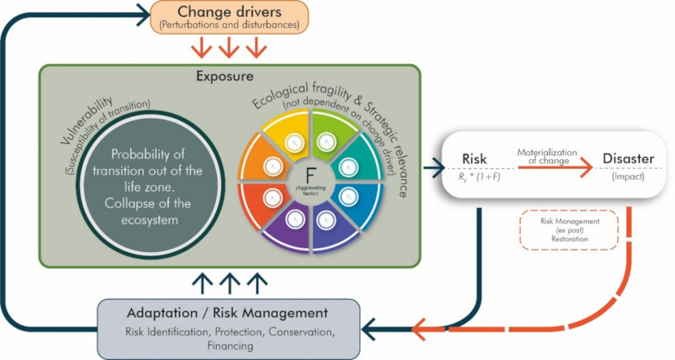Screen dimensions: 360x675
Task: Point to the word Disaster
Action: pyautogui.click(x=629, y=158)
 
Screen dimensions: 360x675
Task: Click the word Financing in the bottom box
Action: pyautogui.click(x=229, y=346)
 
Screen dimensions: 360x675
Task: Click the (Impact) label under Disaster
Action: pyautogui.click(x=629, y=178)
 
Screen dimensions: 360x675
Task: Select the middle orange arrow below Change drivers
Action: pyautogui.click(x=230, y=48)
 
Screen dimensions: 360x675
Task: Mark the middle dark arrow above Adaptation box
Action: pyautogui.click(x=230, y=282)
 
